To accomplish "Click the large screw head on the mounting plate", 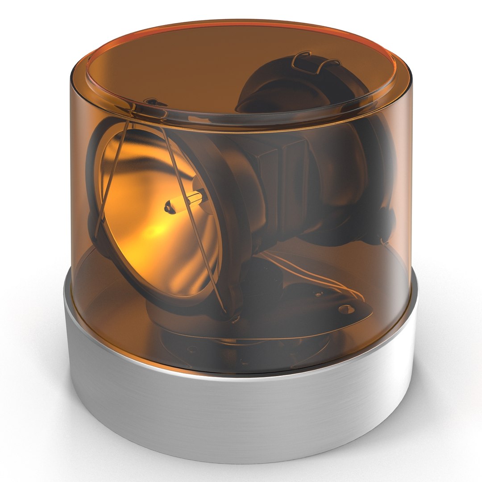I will pyautogui.click(x=345, y=308).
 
